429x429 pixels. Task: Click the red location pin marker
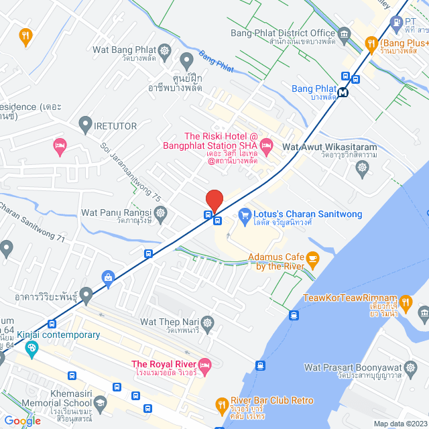(x=214, y=200)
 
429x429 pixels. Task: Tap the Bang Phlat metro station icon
(x=343, y=93)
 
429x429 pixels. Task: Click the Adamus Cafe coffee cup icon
(x=312, y=258)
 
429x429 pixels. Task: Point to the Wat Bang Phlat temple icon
(x=164, y=51)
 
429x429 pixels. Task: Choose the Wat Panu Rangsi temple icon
(x=160, y=214)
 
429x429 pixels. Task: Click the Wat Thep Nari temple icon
(x=207, y=323)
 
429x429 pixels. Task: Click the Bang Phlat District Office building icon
(x=345, y=34)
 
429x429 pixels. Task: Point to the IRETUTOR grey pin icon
(x=85, y=124)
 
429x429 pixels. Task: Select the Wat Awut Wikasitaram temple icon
(x=363, y=166)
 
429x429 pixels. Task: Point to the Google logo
(x=22, y=420)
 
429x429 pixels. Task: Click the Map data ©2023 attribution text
(x=400, y=424)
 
